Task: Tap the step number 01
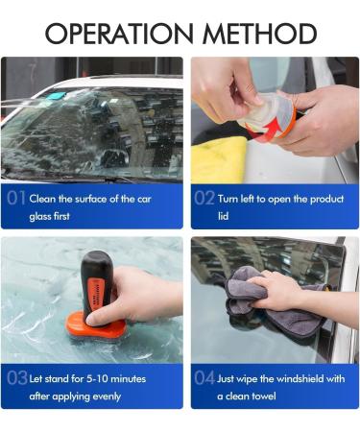point(16,200)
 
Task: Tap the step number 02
point(204,200)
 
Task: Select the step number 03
point(16,378)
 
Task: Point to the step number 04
point(204,378)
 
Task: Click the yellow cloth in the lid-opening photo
point(219,158)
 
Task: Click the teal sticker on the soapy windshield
point(55,97)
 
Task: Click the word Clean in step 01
point(43,199)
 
